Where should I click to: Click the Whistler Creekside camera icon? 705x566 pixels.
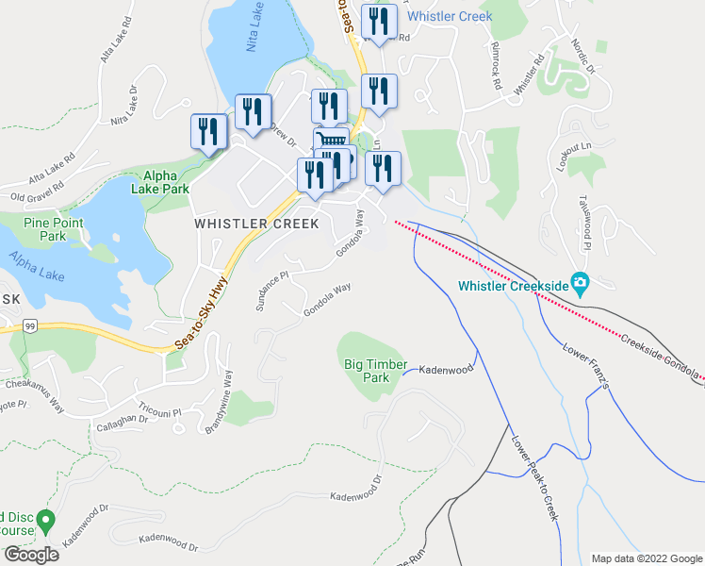[581, 283]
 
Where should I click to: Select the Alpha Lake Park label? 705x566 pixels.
[166, 181]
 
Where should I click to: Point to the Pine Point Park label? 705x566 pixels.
[46, 229]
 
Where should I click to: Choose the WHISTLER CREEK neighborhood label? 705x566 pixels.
[256, 224]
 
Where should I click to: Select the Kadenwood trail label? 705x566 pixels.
[445, 370]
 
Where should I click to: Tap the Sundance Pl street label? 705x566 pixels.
[271, 291]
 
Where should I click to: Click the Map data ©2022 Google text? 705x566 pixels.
[647, 558]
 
